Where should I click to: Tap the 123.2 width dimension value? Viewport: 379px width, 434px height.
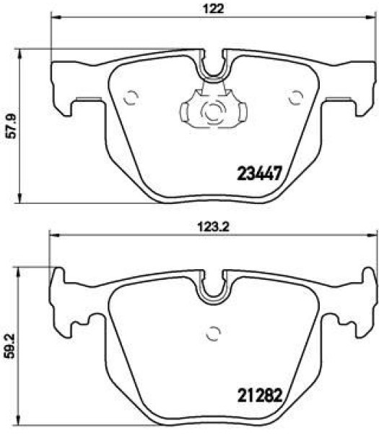coord(213,227)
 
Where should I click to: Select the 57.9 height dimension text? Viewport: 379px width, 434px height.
coord(12,126)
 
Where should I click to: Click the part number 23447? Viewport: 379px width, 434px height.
coord(259,174)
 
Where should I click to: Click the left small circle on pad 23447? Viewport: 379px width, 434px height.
coord(131,98)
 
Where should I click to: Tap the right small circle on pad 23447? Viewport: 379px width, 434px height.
coord(295,98)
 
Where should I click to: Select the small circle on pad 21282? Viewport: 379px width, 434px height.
coord(213,333)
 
